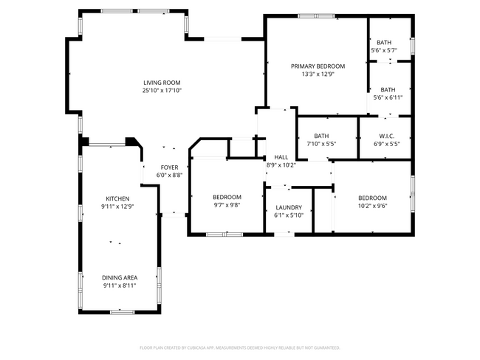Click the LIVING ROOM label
(162, 83)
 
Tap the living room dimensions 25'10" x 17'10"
(162, 91)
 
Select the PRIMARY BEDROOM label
(318, 66)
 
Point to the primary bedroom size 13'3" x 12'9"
(318, 74)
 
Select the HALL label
(281, 157)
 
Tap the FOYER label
(170, 167)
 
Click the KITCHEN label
(117, 199)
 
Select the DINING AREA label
(119, 277)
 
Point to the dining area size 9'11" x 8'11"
(119, 285)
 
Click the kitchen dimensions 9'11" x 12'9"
(117, 207)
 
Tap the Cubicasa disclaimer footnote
(239, 347)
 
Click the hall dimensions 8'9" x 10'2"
(281, 165)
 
